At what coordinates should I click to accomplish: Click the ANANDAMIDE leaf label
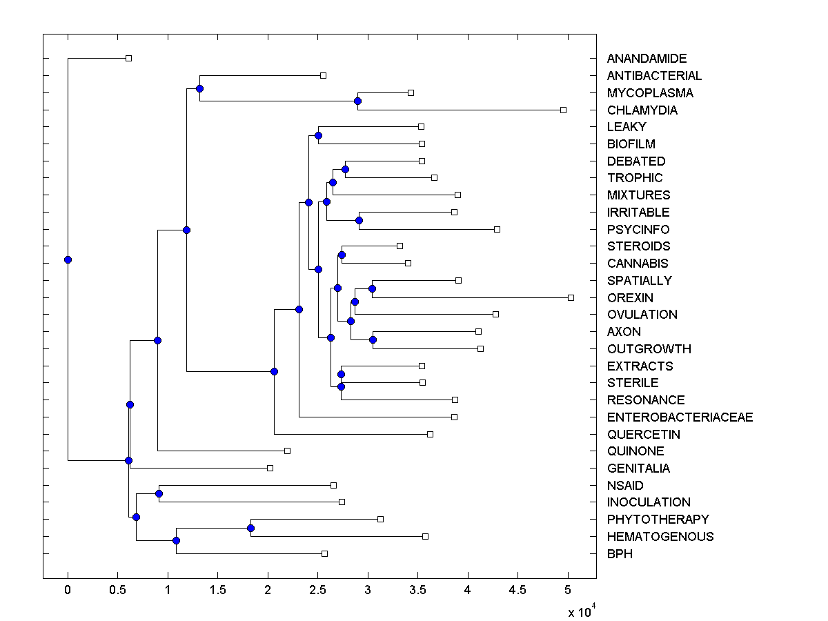click(647, 59)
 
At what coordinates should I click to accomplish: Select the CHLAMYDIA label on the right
click(642, 110)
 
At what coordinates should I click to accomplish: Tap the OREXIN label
click(630, 298)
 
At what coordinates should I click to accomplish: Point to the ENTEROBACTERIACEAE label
click(680, 417)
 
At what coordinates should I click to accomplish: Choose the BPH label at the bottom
click(620, 554)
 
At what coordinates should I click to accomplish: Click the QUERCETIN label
click(643, 435)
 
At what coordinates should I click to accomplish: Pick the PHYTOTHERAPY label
click(658, 520)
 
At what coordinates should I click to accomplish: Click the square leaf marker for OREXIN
click(571, 297)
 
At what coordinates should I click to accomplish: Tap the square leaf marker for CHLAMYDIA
click(563, 110)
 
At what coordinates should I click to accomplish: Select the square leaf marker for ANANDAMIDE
click(128, 58)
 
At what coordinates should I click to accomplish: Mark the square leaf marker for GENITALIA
click(270, 468)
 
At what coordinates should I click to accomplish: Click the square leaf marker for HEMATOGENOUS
click(425, 536)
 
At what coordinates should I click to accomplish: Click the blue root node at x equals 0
click(68, 259)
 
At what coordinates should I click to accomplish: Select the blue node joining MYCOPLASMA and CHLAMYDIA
click(357, 101)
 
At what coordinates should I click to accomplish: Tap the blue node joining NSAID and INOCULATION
click(159, 493)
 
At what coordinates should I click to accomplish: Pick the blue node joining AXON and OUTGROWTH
click(373, 339)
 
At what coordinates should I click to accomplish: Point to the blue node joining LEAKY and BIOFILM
click(318, 135)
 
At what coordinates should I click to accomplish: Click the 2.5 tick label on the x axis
click(317, 590)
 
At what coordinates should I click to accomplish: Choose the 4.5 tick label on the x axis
click(517, 590)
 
